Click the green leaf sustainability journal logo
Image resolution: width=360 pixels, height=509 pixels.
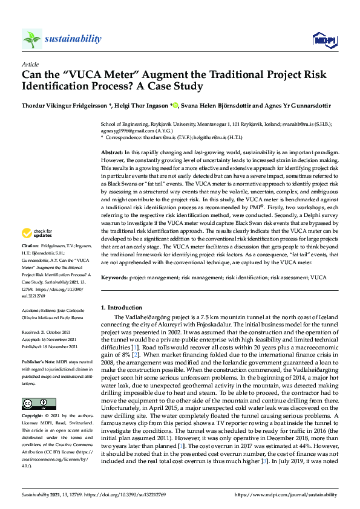32,39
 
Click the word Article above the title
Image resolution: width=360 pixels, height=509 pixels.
30,64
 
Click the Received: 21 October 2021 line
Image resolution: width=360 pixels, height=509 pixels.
50,332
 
